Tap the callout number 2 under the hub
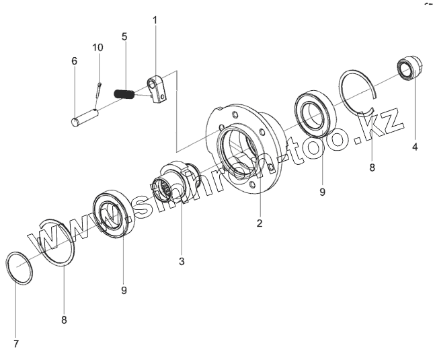(x=259, y=223)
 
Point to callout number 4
(x=415, y=145)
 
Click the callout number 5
(x=124, y=36)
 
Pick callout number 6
(x=74, y=61)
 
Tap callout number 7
(x=15, y=344)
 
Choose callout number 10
(x=98, y=47)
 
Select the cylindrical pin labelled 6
(x=85, y=114)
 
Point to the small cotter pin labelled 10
(x=98, y=89)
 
